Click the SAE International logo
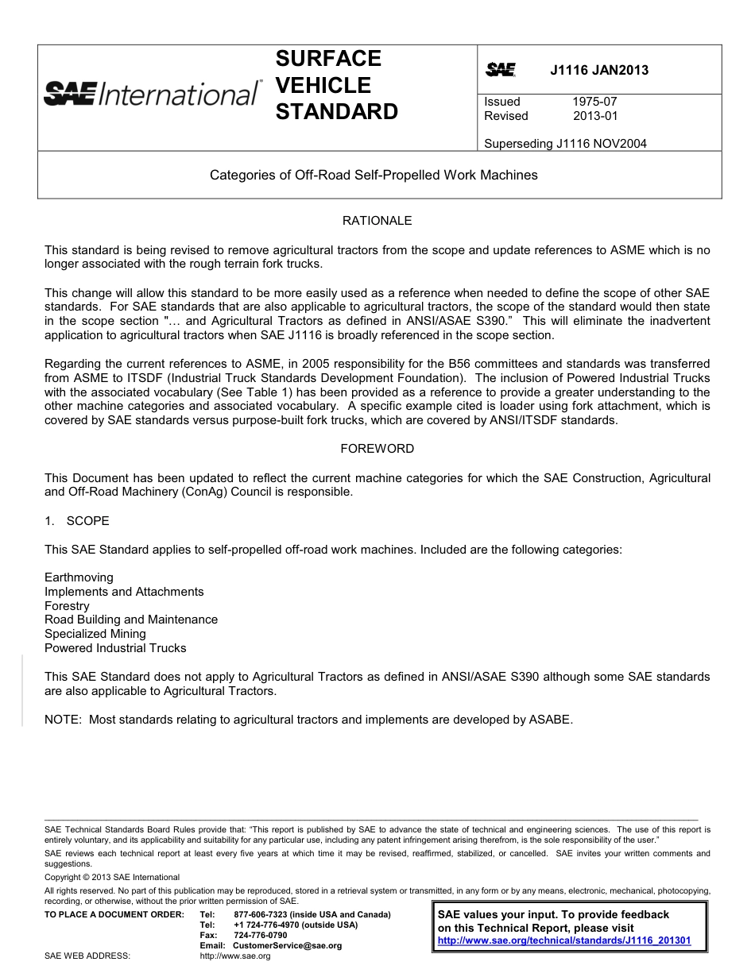point(151,93)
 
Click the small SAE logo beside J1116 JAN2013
point(501,70)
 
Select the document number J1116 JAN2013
point(598,70)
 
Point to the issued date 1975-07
point(594,102)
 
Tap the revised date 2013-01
point(594,116)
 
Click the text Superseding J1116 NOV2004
point(565,144)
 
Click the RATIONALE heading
point(377,221)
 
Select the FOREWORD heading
point(377,449)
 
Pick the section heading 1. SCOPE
point(77,521)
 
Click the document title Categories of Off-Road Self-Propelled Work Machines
point(374,175)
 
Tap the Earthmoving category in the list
point(79,577)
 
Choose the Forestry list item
point(67,606)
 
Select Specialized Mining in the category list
point(95,634)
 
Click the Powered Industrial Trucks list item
point(115,648)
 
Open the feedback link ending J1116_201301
point(564,940)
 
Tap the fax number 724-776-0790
point(261,935)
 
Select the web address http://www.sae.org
point(235,956)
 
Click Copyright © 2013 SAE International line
point(112,877)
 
